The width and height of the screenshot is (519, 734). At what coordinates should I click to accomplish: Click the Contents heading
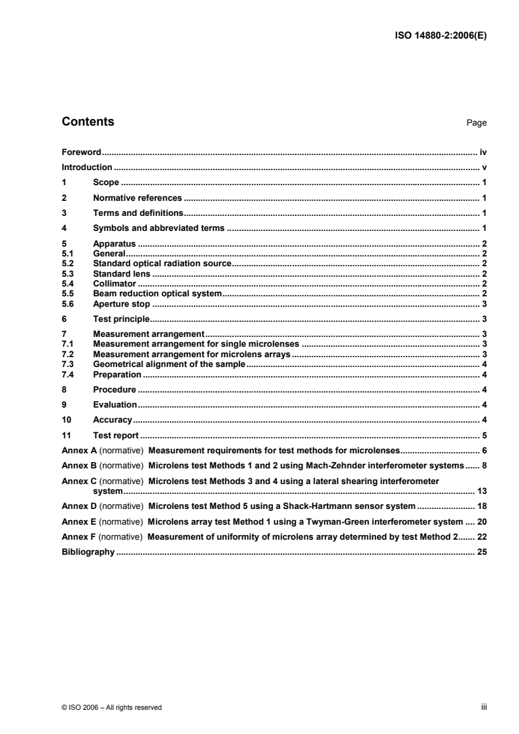click(88, 122)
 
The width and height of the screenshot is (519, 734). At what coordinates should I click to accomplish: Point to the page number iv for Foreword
click(482, 152)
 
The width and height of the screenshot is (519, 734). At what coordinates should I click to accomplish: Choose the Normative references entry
click(137, 198)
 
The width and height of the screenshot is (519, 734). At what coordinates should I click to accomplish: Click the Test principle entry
click(122, 319)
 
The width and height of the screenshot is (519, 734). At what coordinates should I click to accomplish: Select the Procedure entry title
click(115, 389)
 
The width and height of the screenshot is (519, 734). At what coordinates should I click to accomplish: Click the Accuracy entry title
click(113, 419)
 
